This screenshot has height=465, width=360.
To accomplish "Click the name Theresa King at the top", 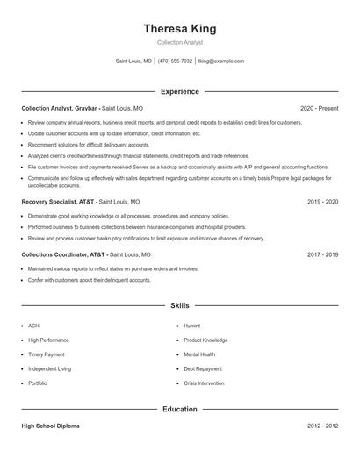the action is tap(179, 28).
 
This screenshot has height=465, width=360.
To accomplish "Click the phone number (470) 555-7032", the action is tap(176, 61).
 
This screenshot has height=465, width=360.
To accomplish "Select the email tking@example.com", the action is tap(221, 61).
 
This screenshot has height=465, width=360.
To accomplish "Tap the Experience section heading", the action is tap(179, 91).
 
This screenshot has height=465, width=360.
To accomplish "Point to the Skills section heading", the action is tap(179, 306).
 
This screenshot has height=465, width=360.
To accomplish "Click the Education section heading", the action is tap(179, 409).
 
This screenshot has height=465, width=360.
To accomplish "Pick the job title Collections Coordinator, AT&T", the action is tap(64, 254).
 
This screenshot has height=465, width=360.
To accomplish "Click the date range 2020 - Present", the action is tap(319, 108).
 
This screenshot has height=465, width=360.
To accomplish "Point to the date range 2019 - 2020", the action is tap(322, 201).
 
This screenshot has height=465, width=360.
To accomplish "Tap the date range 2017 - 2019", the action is tap(322, 254).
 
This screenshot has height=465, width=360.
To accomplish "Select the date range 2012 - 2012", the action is tap(322, 426).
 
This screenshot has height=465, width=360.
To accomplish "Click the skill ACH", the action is tap(33, 325).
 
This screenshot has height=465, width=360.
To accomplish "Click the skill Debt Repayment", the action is tap(203, 369).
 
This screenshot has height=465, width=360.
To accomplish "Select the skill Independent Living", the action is tap(49, 369).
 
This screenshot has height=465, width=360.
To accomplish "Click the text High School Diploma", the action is tap(50, 426).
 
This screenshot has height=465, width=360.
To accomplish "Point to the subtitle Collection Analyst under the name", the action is tap(179, 42).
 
